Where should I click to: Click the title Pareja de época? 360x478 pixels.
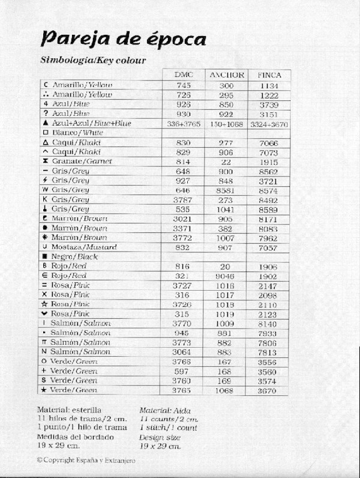click(123, 40)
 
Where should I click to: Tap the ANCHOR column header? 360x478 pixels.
click(226, 75)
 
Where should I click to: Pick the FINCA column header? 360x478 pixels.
click(269, 75)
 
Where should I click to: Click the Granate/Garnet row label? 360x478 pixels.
click(74, 162)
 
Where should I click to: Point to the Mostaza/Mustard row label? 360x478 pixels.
click(76, 247)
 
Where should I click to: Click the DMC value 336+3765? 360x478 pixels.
click(183, 123)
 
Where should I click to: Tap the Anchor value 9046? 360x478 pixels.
click(226, 276)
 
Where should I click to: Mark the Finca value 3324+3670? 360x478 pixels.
click(269, 123)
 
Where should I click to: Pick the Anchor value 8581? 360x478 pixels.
click(226, 190)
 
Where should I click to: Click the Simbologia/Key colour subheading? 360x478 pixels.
click(93, 60)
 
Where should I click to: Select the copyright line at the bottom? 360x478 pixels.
click(86, 460)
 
